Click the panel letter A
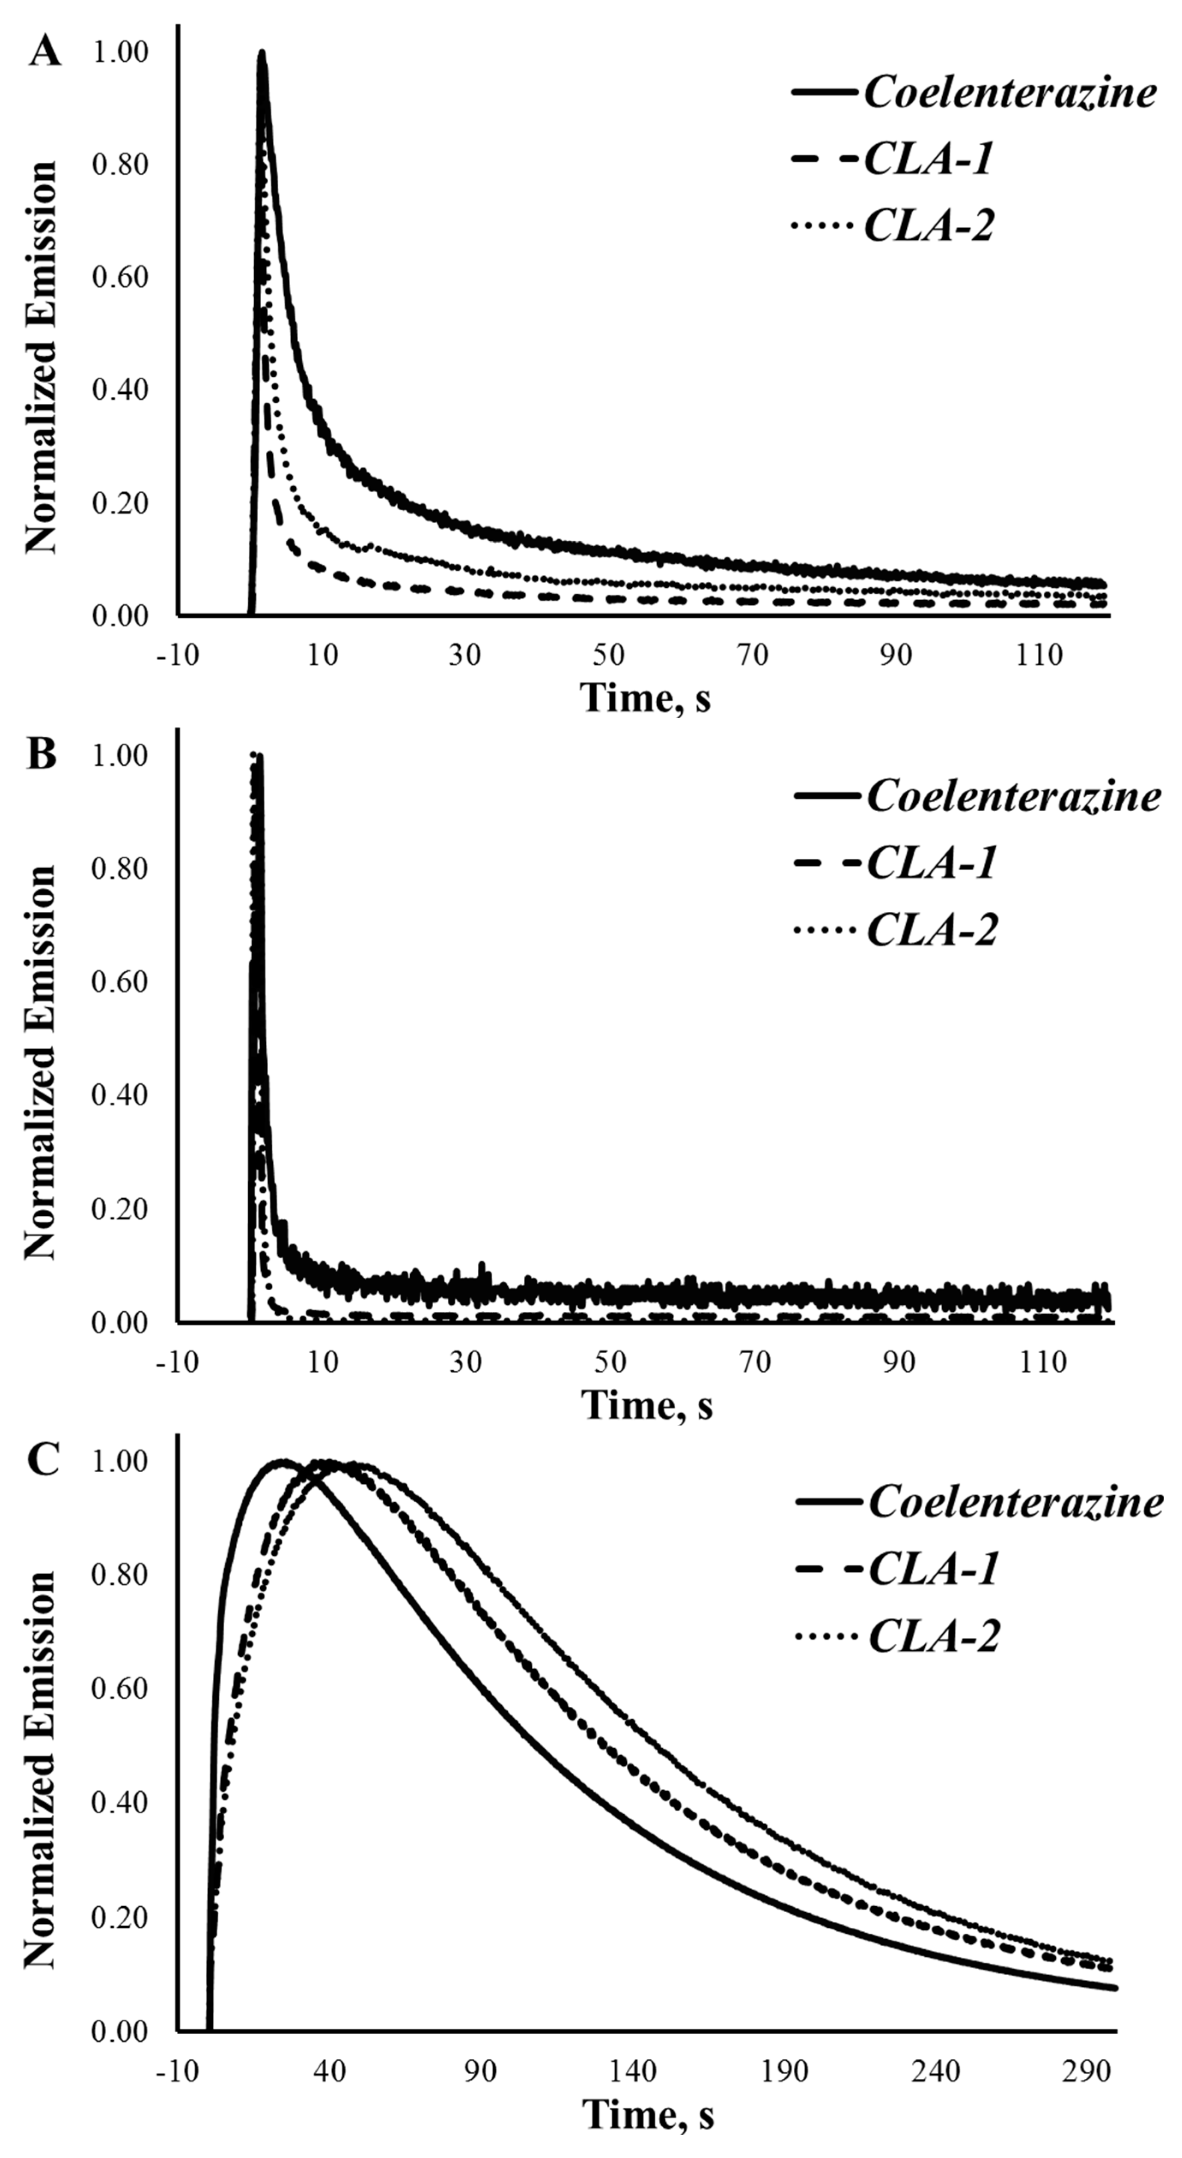[45, 52]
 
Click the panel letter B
[42, 754]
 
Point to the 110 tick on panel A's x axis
[1039, 654]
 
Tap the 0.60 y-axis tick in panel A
[120, 277]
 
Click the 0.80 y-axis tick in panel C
[120, 1574]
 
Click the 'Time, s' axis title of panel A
[645, 697]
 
